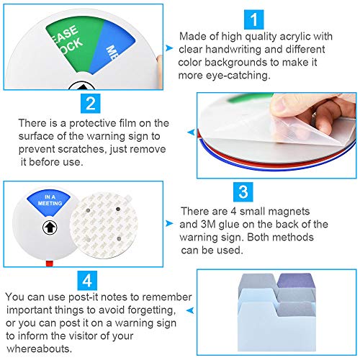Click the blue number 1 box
[253, 19]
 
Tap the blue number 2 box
[91, 104]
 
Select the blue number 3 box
[243, 192]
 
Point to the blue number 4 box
[87, 281]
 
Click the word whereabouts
[39, 348]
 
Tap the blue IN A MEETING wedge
[49, 201]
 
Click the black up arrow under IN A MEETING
[50, 228]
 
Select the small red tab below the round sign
[50, 264]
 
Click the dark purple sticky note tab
[296, 281]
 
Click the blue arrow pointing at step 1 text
[169, 48]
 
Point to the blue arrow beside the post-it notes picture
[190, 310]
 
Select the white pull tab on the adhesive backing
[128, 197]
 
